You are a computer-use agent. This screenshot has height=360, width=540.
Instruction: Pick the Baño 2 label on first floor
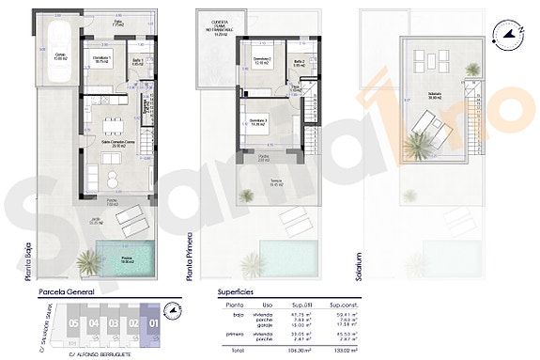pyautogui.click(x=299, y=62)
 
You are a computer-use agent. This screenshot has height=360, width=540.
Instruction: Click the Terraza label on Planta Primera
pyautogui.click(x=276, y=183)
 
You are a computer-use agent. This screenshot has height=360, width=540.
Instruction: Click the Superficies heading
pyautogui.click(x=237, y=292)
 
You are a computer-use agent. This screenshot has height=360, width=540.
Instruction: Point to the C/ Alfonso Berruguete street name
pyautogui.click(x=100, y=354)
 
